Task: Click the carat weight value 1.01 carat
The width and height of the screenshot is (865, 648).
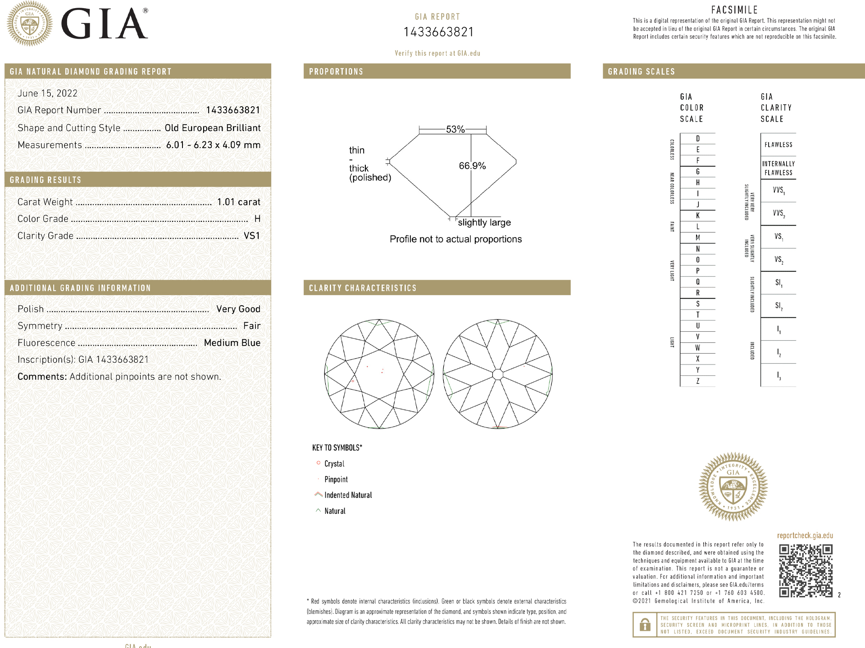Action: (238, 202)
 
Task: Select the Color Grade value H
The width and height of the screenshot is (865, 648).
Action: (257, 219)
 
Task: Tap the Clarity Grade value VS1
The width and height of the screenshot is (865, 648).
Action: (251, 236)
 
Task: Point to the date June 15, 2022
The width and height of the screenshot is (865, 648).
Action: (47, 93)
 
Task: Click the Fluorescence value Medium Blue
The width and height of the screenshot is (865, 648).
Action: (232, 343)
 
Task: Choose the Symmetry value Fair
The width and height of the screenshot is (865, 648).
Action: (251, 326)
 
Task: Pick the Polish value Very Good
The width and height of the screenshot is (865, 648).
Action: (238, 309)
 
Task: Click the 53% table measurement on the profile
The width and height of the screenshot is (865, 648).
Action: (455, 130)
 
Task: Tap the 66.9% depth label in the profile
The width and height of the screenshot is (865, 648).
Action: (472, 166)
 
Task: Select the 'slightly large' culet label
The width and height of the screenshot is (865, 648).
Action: (484, 223)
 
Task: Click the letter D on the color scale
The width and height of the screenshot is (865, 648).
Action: (697, 139)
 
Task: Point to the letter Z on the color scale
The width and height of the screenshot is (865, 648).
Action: (697, 381)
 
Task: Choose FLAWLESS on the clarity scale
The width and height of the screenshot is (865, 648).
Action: (778, 145)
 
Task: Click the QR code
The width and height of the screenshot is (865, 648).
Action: (806, 571)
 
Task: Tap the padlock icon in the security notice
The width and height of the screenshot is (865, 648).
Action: (645, 625)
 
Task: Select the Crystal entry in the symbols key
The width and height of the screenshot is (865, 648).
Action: (334, 463)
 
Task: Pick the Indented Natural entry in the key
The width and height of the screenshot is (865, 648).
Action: (348, 495)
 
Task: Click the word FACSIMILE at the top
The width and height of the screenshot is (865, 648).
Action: (734, 10)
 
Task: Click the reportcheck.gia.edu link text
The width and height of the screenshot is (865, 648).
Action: (805, 535)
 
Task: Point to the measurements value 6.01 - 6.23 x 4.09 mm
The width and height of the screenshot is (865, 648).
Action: (213, 145)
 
